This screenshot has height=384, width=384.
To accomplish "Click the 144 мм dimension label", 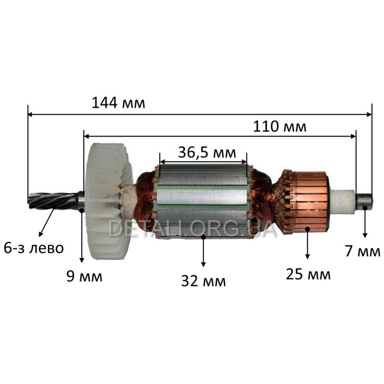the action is click(x=118, y=103).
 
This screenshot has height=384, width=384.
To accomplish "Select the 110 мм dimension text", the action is click(x=279, y=127).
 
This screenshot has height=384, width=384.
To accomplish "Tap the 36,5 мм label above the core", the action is click(x=207, y=152).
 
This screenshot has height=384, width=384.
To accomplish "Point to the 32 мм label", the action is click(x=203, y=281).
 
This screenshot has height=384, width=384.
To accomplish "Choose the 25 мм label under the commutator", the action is click(x=308, y=274).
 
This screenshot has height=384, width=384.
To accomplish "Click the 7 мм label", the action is click(x=363, y=251).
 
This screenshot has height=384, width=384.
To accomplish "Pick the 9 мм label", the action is click(x=84, y=276).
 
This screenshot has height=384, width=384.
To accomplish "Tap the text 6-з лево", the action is click(x=34, y=248).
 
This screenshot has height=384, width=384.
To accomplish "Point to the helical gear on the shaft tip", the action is click(x=53, y=201).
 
